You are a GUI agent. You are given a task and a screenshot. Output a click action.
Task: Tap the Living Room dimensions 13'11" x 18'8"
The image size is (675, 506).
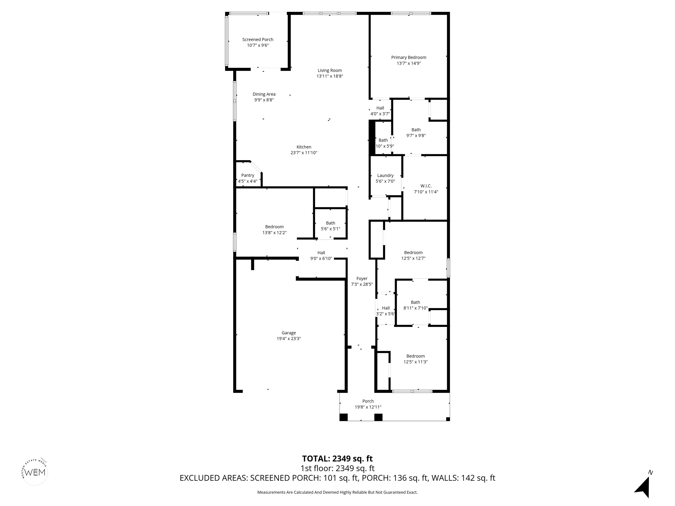330,76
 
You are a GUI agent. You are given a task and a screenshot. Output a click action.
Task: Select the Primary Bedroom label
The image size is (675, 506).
409,57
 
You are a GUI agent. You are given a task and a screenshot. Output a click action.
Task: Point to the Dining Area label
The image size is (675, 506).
264,94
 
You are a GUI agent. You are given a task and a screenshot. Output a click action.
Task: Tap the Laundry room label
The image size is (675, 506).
385,175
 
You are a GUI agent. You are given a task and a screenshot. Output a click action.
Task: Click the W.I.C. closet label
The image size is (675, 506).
426,186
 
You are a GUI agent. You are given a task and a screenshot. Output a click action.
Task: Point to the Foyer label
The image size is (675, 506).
362,278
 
